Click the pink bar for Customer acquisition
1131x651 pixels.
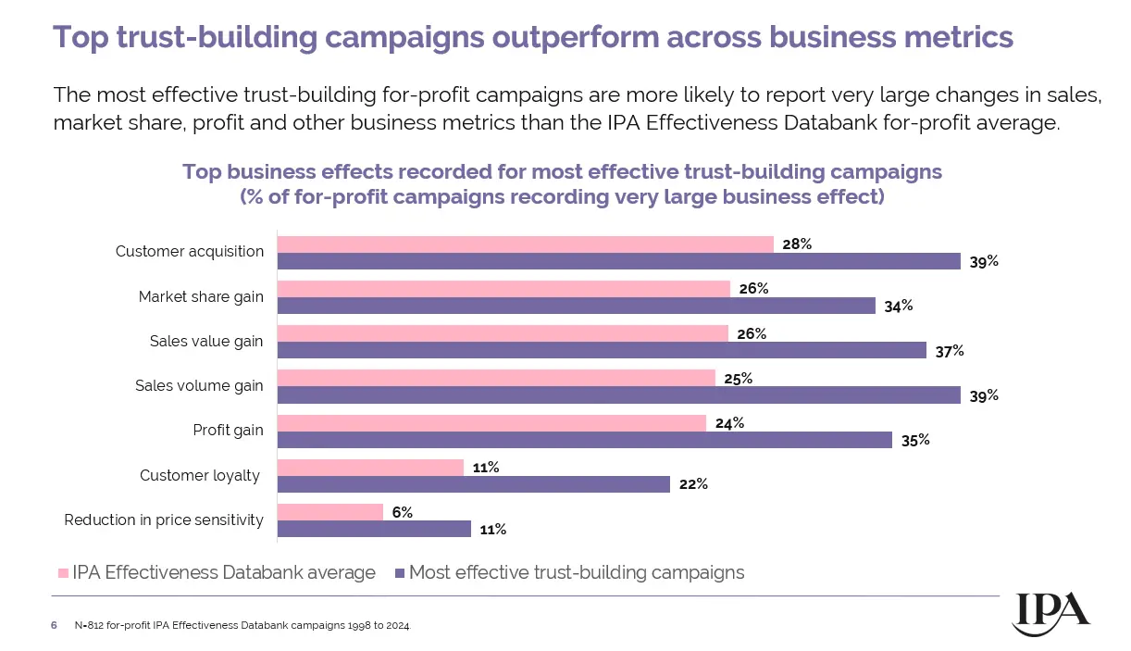pyautogui.click(x=526, y=244)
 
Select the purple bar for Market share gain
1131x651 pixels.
pyautogui.click(x=577, y=306)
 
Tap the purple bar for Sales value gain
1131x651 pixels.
pyautogui.click(x=602, y=350)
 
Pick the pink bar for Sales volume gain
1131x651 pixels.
pyautogui.click(x=496, y=379)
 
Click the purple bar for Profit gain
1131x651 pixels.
pyautogui.click(x=585, y=440)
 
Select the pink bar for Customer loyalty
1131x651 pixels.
pyautogui.click(x=370, y=468)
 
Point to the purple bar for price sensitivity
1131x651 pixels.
pyautogui.click(x=375, y=529)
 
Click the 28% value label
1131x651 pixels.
pyautogui.click(x=797, y=244)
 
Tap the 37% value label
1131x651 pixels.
pyautogui.click(x=950, y=351)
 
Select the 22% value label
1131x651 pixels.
pyautogui.click(x=694, y=484)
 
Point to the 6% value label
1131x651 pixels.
pyautogui.click(x=402, y=512)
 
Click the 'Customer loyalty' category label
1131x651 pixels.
pyautogui.click(x=201, y=476)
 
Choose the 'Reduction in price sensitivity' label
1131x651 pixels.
pyautogui.click(x=164, y=520)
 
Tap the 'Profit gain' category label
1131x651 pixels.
pyautogui.click(x=228, y=431)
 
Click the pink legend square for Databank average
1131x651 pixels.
pyautogui.click(x=63, y=573)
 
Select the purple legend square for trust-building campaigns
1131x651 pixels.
pyautogui.click(x=399, y=573)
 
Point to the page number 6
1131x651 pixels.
pyautogui.click(x=54, y=626)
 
